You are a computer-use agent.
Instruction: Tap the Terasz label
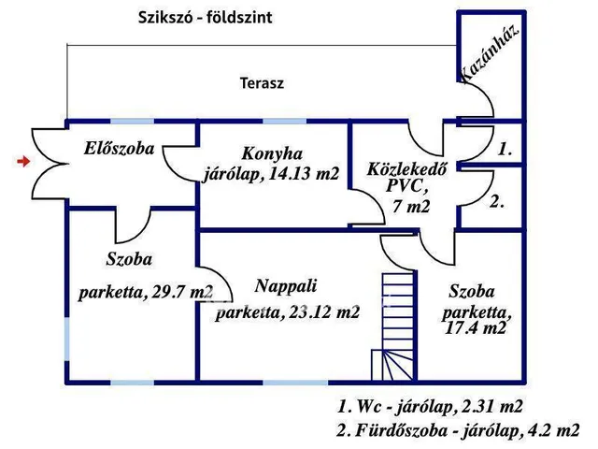coord(261,82)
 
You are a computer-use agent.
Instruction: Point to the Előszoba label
coord(118,148)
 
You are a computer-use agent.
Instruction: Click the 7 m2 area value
coord(411,207)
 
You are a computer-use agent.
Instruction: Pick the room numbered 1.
coord(505,149)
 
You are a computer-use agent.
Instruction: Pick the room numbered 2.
coord(497,200)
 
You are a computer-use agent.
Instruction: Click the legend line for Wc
coord(430,407)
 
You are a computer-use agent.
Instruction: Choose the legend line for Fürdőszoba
coord(458,431)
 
